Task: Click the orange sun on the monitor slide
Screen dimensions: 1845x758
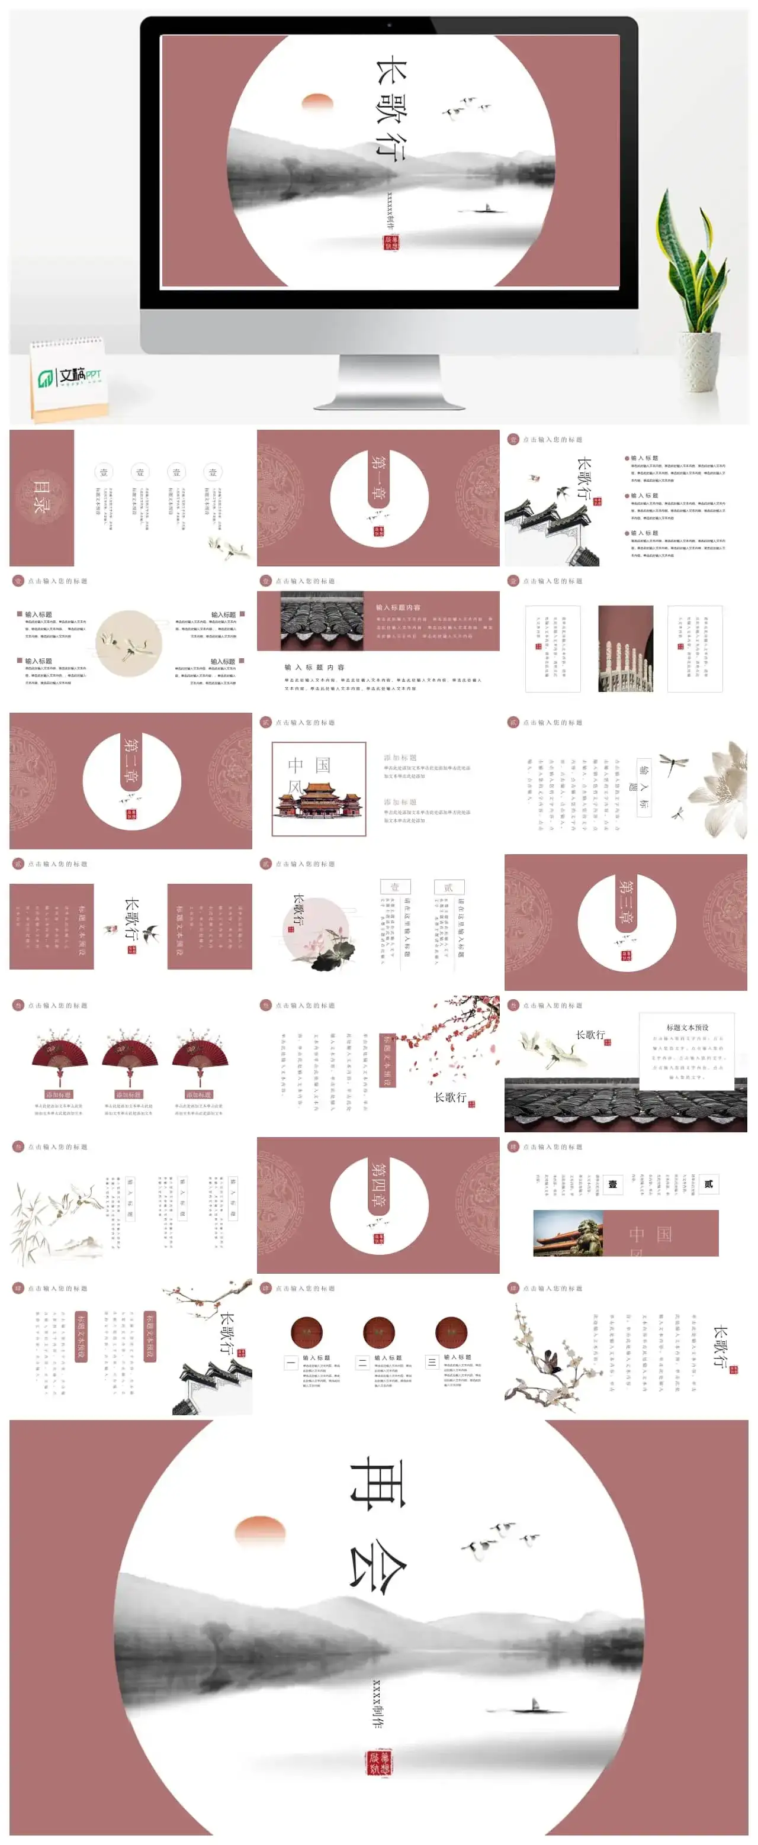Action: tap(318, 102)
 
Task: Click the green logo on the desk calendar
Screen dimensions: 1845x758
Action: tap(46, 378)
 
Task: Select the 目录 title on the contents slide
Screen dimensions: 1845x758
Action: tap(40, 497)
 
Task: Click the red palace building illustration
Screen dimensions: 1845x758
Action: tap(318, 801)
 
